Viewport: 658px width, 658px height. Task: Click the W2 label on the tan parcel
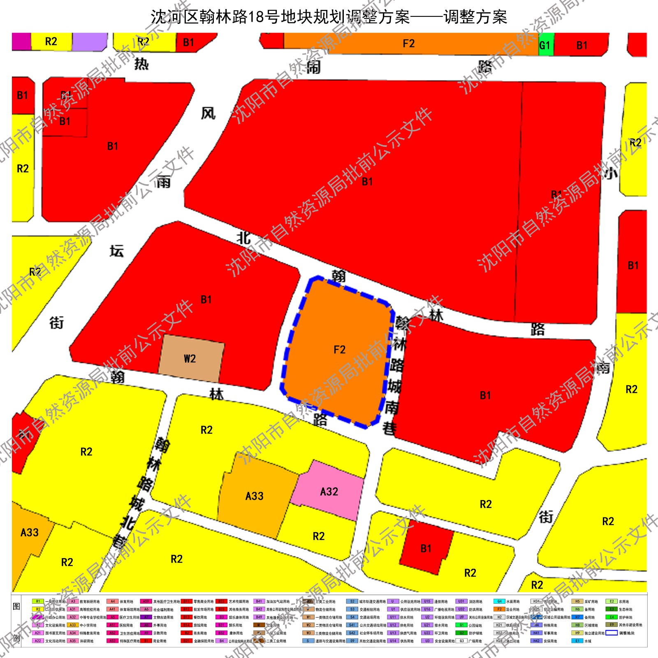coord(190,359)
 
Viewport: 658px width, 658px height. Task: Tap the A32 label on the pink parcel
coord(329,491)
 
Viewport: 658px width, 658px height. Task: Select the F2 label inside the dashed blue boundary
coord(339,350)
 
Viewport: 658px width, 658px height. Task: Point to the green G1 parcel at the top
coord(545,45)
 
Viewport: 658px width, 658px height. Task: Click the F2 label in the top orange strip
coord(408,44)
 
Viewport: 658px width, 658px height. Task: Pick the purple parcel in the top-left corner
coord(89,41)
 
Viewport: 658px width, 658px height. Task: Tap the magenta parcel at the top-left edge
coord(21,41)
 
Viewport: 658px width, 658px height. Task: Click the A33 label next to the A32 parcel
coord(254,496)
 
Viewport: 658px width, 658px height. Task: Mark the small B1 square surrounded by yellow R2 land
coord(426,548)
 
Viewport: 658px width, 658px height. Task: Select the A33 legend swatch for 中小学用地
coord(73,625)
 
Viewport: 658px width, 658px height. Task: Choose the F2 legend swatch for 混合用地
coord(499,609)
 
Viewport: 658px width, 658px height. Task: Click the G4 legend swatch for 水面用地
coord(499,601)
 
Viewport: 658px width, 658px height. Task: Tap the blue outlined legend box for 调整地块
coord(612,633)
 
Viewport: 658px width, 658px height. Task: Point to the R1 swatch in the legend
coord(38,601)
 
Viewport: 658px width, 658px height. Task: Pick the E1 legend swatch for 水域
coord(577,641)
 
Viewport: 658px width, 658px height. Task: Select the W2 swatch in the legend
coord(308,625)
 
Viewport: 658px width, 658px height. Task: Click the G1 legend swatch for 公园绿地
coord(461,625)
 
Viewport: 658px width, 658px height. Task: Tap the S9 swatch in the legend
coord(352,641)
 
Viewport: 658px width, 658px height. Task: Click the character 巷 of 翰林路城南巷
coord(389,429)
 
